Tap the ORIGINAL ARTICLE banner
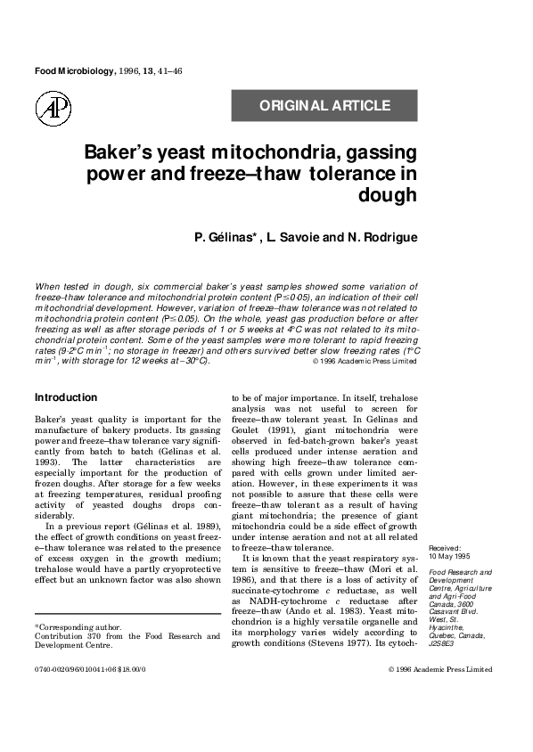click(x=324, y=106)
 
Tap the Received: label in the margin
click(x=446, y=548)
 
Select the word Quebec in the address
click(x=443, y=625)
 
